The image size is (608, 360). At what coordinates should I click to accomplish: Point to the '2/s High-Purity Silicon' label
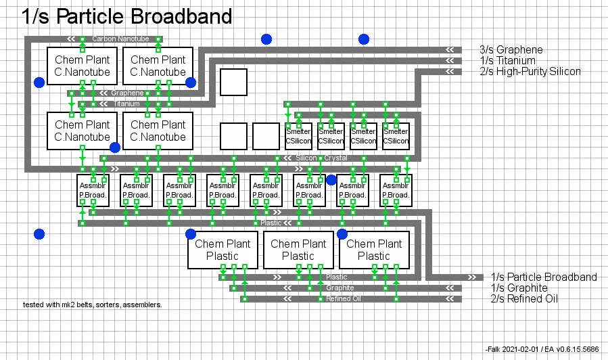click(530, 71)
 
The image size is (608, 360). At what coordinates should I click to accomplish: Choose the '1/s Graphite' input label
click(519, 288)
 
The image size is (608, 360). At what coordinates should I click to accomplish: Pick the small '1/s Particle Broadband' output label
click(544, 277)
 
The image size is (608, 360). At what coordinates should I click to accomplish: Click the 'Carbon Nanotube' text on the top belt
click(120, 39)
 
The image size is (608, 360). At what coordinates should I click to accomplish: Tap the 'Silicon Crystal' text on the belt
click(321, 158)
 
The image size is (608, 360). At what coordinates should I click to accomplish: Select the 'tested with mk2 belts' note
click(93, 305)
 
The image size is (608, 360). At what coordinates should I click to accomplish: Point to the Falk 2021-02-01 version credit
click(542, 348)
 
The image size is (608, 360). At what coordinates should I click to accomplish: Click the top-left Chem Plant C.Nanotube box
click(83, 66)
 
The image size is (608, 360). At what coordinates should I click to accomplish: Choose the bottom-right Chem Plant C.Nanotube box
click(158, 131)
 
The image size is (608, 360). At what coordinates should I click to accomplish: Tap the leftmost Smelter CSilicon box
click(298, 136)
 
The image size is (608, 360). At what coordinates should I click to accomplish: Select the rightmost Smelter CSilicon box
click(396, 136)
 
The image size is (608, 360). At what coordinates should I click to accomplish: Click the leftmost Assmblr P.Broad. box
click(93, 190)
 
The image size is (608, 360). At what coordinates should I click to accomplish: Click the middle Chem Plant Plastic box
click(298, 250)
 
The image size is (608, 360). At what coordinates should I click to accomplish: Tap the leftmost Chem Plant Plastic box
click(223, 250)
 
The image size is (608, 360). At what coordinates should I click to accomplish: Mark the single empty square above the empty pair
click(233, 82)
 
